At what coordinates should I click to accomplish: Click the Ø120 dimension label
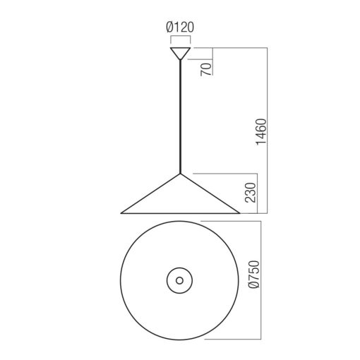(180, 27)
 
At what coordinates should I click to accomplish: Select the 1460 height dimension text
(261, 132)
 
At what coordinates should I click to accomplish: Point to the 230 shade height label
(250, 192)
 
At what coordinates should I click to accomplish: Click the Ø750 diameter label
(254, 275)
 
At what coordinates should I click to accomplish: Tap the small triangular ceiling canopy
(180, 53)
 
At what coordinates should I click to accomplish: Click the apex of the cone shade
(180, 174)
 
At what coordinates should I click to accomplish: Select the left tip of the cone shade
(121, 213)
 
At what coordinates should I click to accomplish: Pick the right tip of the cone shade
(240, 213)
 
